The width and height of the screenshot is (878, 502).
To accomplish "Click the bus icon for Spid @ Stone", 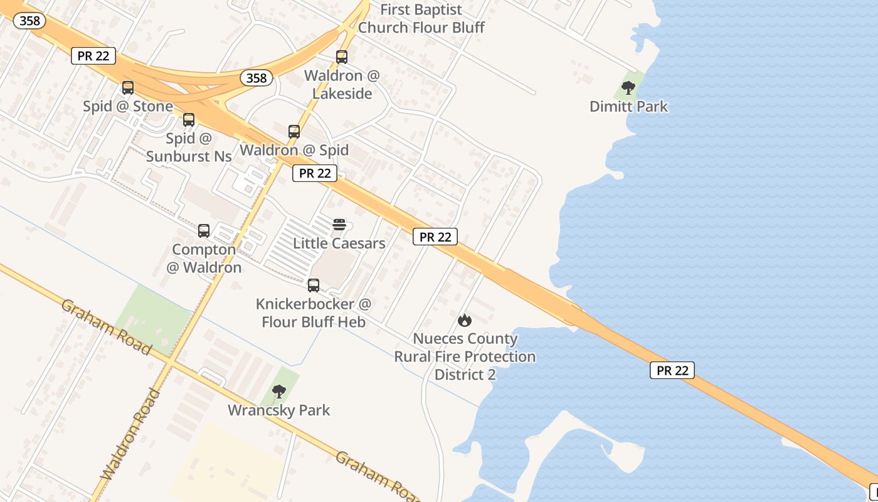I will click(x=128, y=88).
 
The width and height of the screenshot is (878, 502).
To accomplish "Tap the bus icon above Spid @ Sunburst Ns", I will click(x=189, y=119).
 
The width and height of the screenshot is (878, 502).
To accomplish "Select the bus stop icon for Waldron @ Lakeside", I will click(x=342, y=57).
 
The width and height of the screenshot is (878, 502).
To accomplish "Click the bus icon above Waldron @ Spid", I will click(x=294, y=132).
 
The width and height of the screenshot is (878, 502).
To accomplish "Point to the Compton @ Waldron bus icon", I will click(x=204, y=231).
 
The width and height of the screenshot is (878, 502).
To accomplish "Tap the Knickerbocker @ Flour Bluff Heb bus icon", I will click(x=314, y=286).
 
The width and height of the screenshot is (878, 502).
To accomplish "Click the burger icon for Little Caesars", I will click(x=339, y=225).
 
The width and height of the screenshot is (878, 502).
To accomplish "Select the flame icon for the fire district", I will click(x=465, y=321).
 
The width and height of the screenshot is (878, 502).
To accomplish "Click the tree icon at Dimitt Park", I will click(x=628, y=88).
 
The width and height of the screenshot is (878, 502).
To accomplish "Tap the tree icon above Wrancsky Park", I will click(x=279, y=392).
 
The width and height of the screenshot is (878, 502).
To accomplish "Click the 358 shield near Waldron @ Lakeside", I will click(x=256, y=78).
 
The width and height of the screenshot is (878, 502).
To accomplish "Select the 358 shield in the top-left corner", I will click(x=29, y=21).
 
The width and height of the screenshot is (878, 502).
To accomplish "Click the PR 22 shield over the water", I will click(x=672, y=370).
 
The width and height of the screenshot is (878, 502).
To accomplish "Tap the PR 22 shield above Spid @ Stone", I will click(x=93, y=56).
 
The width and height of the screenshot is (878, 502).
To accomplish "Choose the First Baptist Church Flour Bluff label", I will click(x=421, y=19).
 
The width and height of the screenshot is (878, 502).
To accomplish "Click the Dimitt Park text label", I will click(x=629, y=107).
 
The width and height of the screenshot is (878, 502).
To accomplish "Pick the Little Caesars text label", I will click(x=339, y=243).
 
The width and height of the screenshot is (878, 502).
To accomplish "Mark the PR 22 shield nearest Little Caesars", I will click(x=315, y=173).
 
